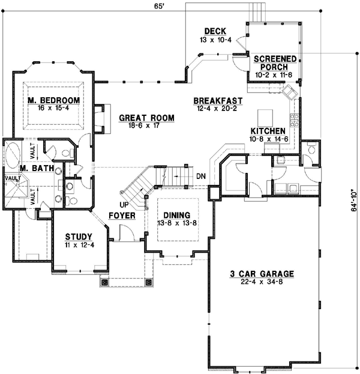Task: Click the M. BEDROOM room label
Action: [53, 100]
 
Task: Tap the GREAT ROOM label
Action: [146, 118]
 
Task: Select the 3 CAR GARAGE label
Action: [261, 274]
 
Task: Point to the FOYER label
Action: [121, 215]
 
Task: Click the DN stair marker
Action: [200, 176]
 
